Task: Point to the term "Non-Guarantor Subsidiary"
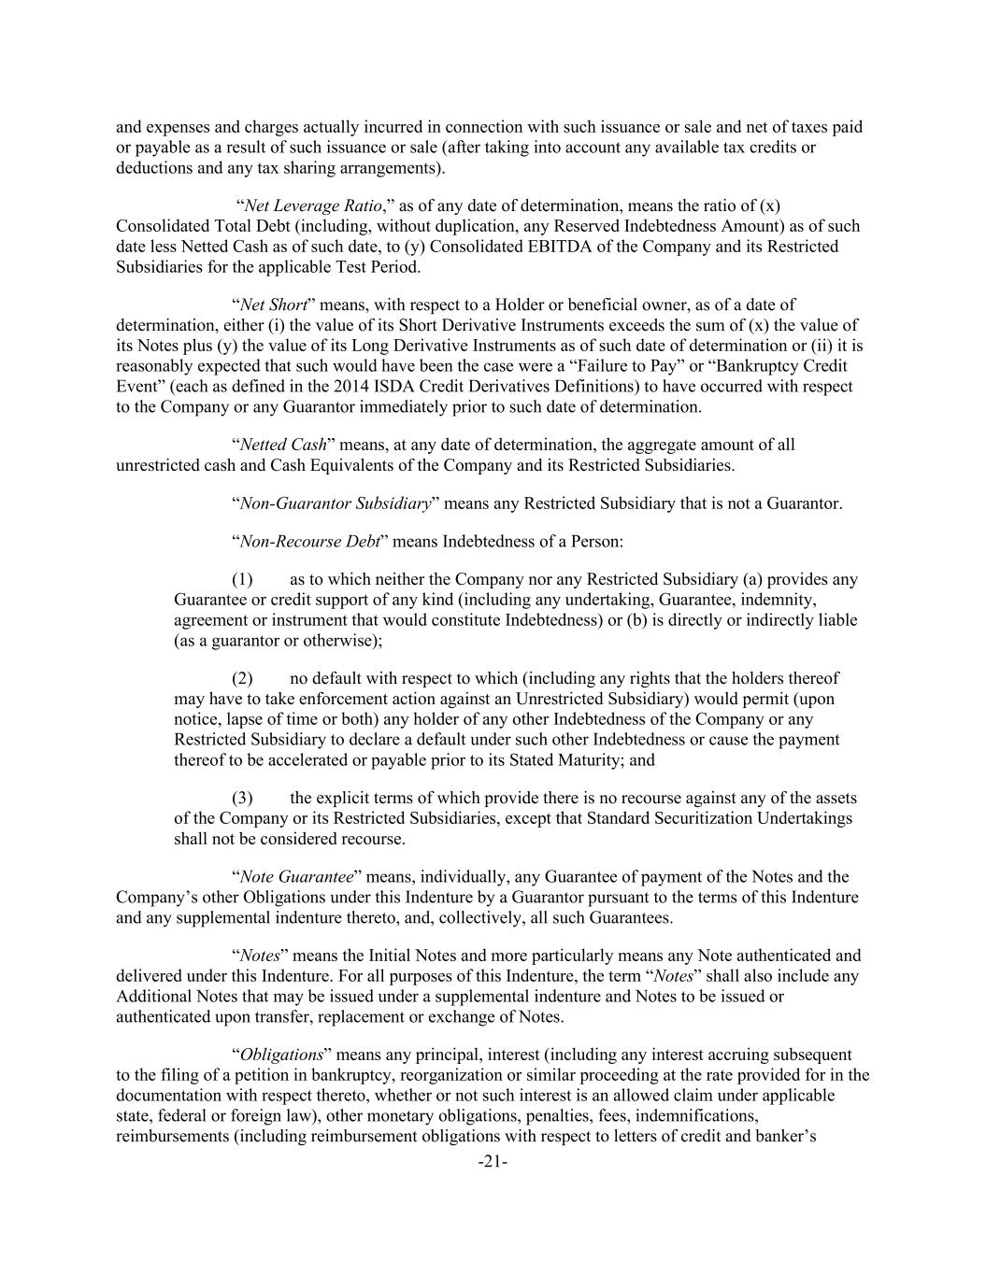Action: (x=336, y=503)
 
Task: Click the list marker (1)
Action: (x=242, y=579)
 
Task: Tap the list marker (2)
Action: (x=242, y=678)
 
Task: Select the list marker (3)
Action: (x=242, y=798)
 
